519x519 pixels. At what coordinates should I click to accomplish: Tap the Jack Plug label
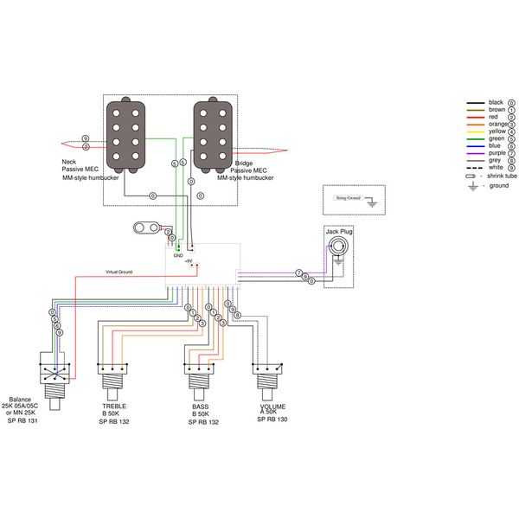coord(339,232)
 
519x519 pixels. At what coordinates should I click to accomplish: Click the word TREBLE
coord(114,406)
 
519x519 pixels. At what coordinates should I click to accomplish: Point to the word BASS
coord(200,406)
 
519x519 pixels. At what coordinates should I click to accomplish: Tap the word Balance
coord(22,400)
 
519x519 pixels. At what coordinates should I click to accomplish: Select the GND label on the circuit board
coord(178,256)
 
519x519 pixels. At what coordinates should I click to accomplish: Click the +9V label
coord(189,261)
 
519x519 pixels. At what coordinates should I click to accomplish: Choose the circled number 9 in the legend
coord(512,168)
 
